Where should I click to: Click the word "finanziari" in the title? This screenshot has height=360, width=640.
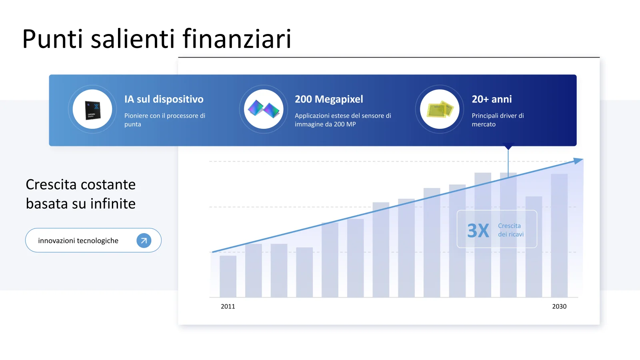pos(237,38)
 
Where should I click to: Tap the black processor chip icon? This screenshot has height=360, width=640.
pos(93,110)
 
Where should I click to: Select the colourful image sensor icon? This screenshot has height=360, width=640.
pos(264,109)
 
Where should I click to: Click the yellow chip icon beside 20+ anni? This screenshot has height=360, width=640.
pos(440,109)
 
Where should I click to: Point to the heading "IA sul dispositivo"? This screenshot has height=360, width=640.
pos(164,99)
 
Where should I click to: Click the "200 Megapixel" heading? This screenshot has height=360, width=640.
pos(329,99)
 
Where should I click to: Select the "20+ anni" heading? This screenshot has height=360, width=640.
pos(492,99)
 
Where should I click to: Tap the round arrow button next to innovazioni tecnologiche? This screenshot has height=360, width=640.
pos(144,240)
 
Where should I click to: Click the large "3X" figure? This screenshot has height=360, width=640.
pos(478,230)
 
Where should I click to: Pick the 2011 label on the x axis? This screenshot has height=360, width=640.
pos(228,306)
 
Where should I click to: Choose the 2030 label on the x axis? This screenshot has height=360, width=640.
pos(559,306)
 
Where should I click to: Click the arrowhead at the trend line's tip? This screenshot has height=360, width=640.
pos(578,160)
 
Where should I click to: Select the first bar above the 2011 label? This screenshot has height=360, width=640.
pos(228,276)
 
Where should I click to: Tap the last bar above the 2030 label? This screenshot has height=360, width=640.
pos(559,236)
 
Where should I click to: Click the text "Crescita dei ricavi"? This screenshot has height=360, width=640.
pos(511,230)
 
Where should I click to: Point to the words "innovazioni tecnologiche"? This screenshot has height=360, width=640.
pos(78,240)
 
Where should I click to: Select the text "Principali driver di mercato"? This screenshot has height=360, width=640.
pos(498,120)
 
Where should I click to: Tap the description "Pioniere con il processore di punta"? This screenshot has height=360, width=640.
pos(164,120)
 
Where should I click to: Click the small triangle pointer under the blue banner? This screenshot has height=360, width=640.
pos(508,146)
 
